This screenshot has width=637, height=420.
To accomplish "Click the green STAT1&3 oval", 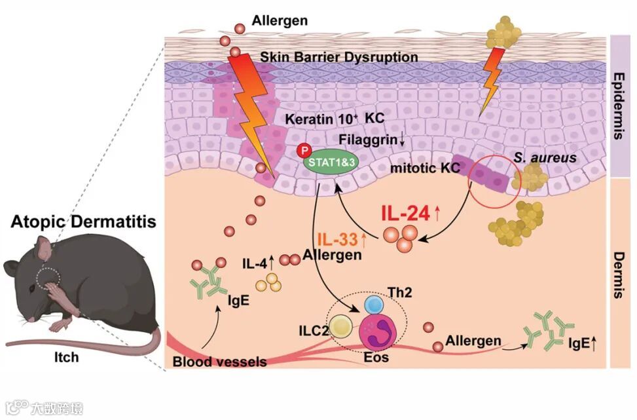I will point(331,163).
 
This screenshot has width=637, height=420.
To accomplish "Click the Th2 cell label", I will point(400,292).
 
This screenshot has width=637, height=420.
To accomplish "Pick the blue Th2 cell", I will point(375,304).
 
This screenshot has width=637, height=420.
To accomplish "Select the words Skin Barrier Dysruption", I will point(338,57).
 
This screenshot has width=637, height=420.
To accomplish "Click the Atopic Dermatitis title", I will point(84,221).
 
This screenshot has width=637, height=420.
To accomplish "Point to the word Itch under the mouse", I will point(66,357).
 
